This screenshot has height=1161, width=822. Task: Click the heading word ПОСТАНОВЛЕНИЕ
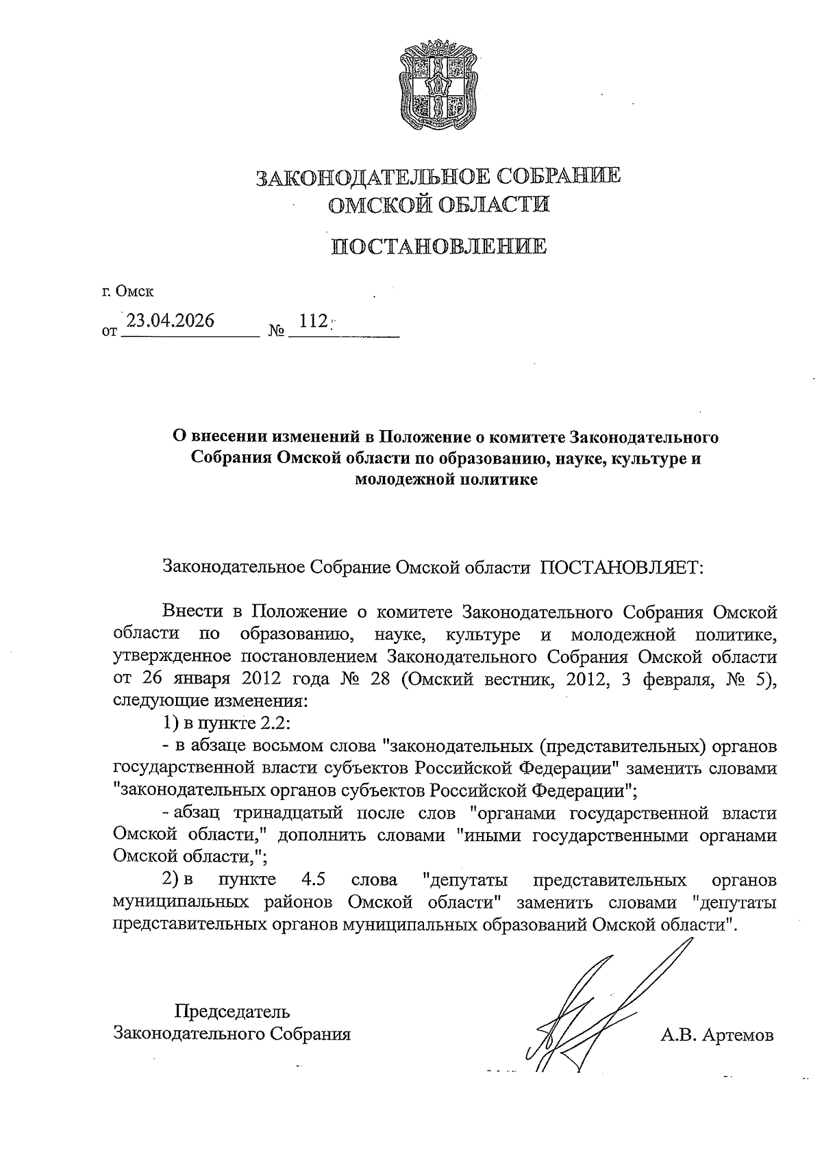tap(439, 246)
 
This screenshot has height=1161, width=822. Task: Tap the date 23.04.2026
tap(171, 321)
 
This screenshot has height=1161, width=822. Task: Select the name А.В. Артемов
tap(717, 1035)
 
